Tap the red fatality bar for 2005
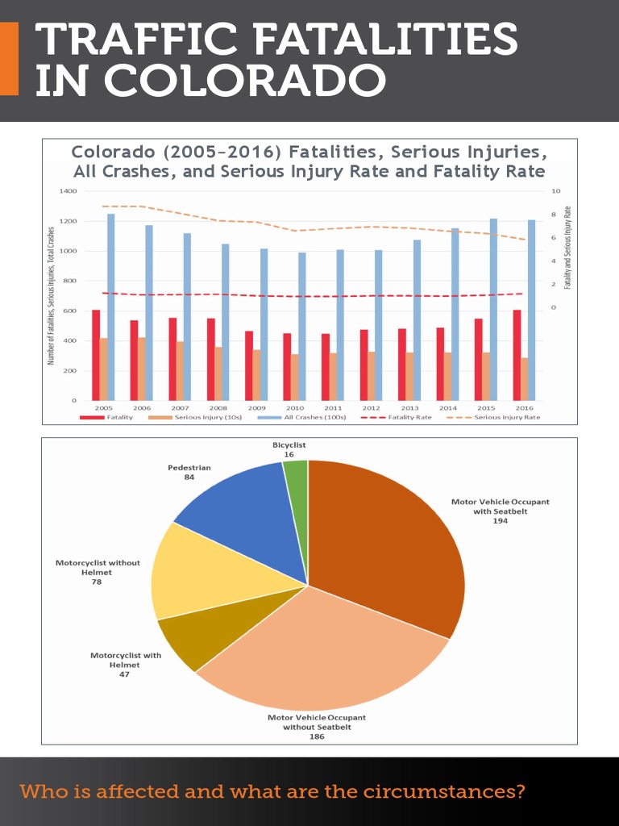pyautogui.click(x=96, y=355)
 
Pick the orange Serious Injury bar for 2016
pyautogui.click(x=525, y=379)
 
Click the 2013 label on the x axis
pyautogui.click(x=409, y=408)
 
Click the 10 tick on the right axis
pyautogui.click(x=555, y=191)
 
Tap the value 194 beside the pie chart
pyautogui.click(x=500, y=521)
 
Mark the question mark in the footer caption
pyautogui.click(x=519, y=791)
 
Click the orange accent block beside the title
pyautogui.click(x=9, y=59)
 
